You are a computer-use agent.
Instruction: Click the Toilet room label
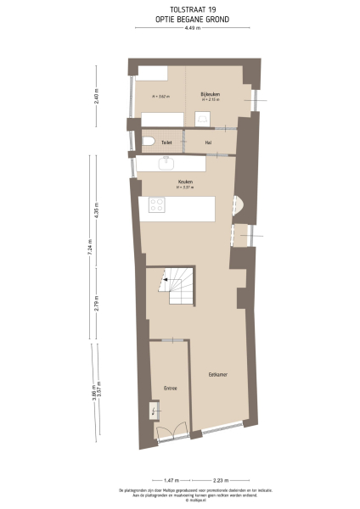[167, 143]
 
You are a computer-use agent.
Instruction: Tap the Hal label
[208, 143]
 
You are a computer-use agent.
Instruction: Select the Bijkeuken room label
[210, 93]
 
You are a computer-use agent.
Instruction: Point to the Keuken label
[184, 182]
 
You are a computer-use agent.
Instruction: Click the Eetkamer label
[220, 373]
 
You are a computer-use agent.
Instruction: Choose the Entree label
[170, 388]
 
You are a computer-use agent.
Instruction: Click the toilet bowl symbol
[148, 142]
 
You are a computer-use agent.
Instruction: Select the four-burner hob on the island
[157, 204]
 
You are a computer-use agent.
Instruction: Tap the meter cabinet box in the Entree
[154, 412]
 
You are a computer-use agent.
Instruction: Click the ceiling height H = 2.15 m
[210, 100]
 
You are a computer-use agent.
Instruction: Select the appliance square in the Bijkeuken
[204, 118]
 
